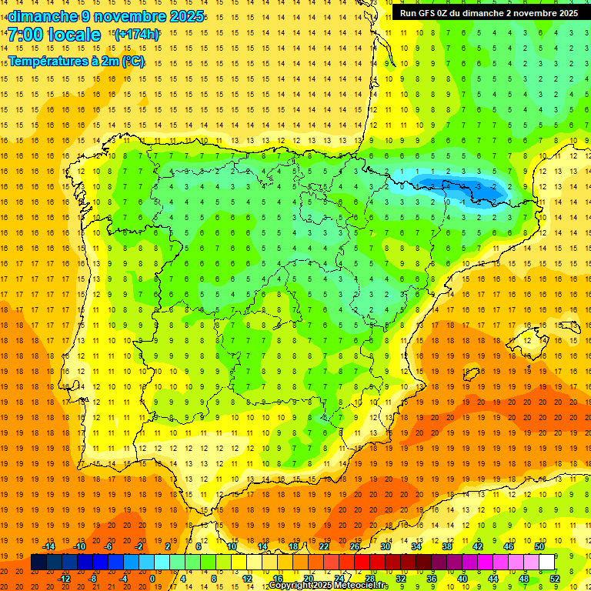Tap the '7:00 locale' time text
tap(54, 35)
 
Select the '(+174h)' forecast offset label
tap(137, 35)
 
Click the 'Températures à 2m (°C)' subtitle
tap(76, 61)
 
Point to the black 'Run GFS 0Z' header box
tap(490, 12)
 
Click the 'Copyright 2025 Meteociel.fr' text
tap(329, 586)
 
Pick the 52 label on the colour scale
tap(553, 579)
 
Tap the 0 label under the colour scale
tap(152, 579)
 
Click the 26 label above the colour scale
tap(355, 546)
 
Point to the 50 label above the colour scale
tap(539, 546)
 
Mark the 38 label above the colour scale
tap(446, 546)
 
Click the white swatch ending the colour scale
tap(546, 563)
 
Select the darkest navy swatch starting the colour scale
tap(38, 563)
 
